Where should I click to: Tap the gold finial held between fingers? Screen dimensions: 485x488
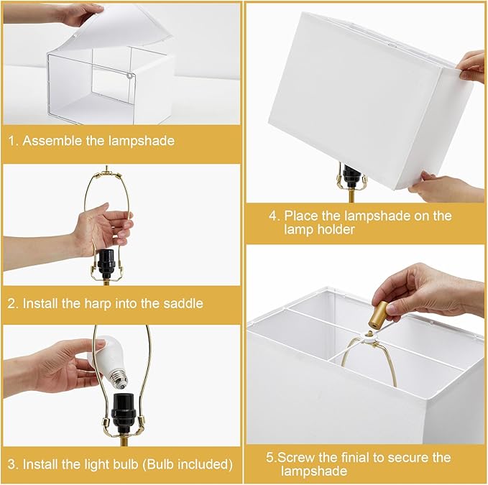(x=378, y=313)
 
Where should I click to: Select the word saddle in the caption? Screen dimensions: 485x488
(x=181, y=304)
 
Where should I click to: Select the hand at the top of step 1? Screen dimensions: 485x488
(x=72, y=14)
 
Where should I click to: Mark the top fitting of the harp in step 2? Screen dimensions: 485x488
(x=109, y=172)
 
